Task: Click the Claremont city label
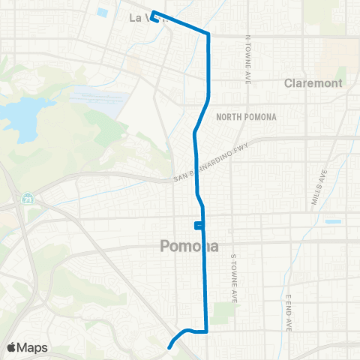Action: (x=313, y=83)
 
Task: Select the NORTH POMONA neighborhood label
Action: (x=246, y=117)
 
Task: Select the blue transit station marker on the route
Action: (x=197, y=225)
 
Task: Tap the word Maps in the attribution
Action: (x=33, y=347)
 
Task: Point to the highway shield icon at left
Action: (x=27, y=200)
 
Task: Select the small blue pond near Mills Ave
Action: (x=333, y=222)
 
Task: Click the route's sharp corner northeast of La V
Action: (x=208, y=33)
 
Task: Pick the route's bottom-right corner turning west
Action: (x=206, y=331)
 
